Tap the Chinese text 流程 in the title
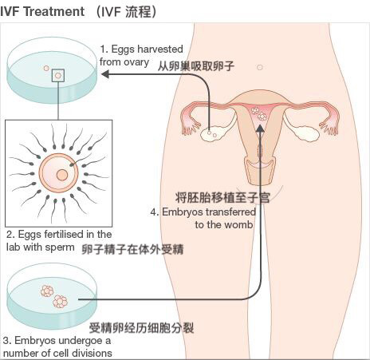pyautogui.click(x=138, y=12)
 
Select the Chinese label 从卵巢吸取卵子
pyautogui.click(x=196, y=66)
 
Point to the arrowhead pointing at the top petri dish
pyautogui.click(x=105, y=74)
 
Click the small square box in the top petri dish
pyautogui.click(x=58, y=76)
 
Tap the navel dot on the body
pyautogui.click(x=260, y=67)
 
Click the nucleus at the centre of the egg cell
pyautogui.click(x=62, y=175)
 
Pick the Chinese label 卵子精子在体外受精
pyautogui.click(x=132, y=250)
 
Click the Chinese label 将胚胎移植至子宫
pyautogui.click(x=222, y=198)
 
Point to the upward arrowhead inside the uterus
pyautogui.click(x=261, y=128)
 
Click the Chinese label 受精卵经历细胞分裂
pyautogui.click(x=141, y=328)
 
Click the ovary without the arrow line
pyautogui.click(x=306, y=133)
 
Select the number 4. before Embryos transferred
pyautogui.click(x=155, y=212)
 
